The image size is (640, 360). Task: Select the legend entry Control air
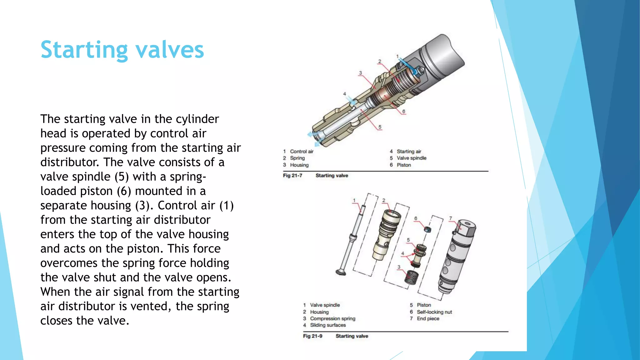click(302, 152)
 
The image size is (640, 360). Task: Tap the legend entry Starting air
click(409, 152)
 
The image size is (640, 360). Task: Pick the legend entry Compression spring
click(332, 318)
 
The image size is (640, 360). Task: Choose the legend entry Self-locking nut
click(434, 312)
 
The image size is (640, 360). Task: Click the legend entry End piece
click(428, 318)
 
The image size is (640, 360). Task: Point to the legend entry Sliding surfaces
click(328, 325)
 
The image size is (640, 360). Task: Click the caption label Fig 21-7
click(292, 176)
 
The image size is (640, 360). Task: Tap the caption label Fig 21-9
click(312, 336)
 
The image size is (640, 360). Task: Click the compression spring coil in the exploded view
click(411, 277)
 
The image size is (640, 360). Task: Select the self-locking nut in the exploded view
click(427, 230)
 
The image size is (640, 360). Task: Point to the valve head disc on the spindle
click(341, 272)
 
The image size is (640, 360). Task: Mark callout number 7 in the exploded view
click(450, 218)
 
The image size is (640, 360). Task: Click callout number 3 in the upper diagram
click(360, 73)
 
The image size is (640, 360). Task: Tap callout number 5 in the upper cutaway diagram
click(380, 127)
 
